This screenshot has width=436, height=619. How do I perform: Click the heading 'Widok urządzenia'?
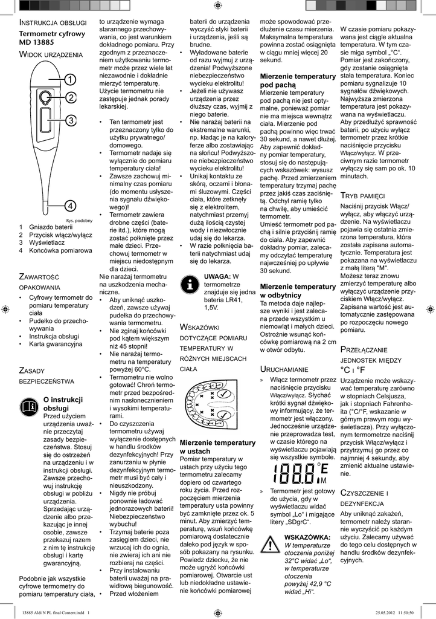point(51,55)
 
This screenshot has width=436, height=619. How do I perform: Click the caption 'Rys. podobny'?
point(79,220)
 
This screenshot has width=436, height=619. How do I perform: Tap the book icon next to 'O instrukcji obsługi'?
point(29,406)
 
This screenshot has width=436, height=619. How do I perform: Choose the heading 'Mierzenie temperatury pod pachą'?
point(297,81)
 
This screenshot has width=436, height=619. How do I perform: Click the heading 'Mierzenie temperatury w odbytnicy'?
point(297,290)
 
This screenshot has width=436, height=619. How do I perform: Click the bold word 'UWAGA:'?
point(218,276)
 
